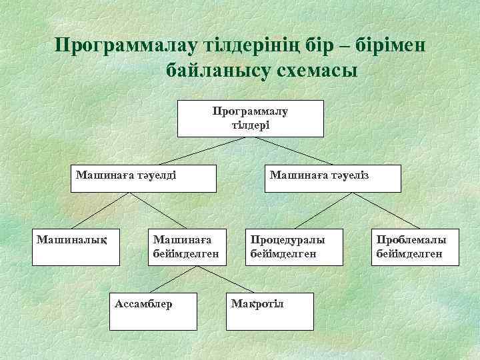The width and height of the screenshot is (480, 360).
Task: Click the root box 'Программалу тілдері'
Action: [250, 119]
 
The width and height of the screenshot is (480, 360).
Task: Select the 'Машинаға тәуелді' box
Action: [144, 178]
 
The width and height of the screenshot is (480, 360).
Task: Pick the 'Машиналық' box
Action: [75, 247]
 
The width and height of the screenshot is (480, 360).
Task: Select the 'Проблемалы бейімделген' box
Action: [411, 247]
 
